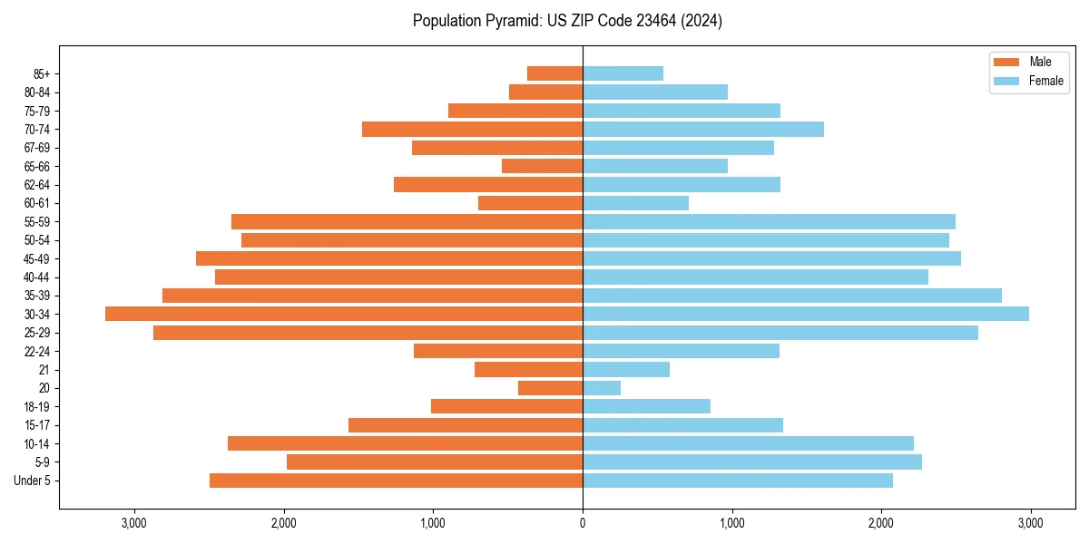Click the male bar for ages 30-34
pos(344,314)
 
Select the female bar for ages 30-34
pos(806,314)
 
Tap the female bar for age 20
pos(602,388)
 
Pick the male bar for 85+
pos(554,73)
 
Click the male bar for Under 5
pos(396,481)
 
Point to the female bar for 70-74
pos(703,129)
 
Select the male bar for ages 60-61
pos(530,203)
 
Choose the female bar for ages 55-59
pos(769,221)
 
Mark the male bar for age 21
pos(528,370)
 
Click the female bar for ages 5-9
pos(752,461)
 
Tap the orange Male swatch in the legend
pos(1006,62)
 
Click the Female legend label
pos(1046,81)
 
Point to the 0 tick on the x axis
pos(583,523)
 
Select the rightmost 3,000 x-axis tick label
pos(1030,523)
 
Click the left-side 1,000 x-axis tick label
pos(433,523)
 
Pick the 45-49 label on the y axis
pos(37,258)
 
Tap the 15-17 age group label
pos(37,425)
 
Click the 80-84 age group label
pos(37,92)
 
